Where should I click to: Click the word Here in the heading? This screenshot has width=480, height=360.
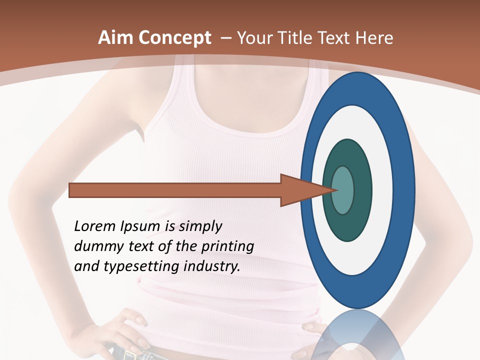point(374,38)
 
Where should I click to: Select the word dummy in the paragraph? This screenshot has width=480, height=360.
point(96,246)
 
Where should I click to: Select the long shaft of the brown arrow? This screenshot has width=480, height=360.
point(175,190)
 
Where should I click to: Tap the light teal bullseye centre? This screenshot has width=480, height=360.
point(343,190)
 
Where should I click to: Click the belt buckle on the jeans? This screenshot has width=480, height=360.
point(131,355)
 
